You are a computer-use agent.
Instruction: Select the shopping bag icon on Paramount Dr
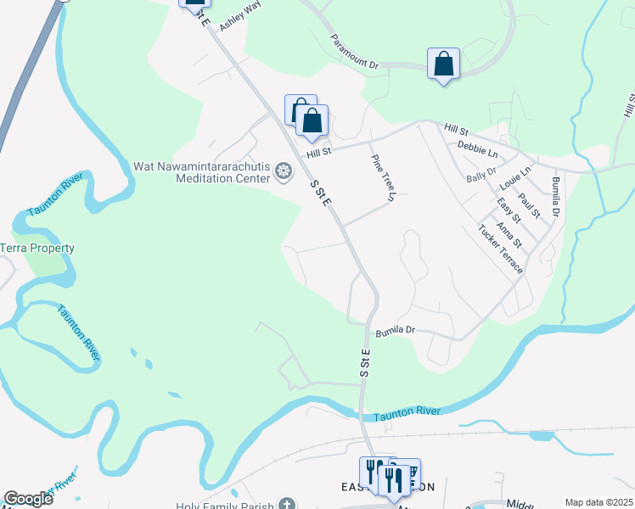click(443, 64)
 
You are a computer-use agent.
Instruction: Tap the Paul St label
click(529, 205)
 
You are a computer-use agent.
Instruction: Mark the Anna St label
click(509, 236)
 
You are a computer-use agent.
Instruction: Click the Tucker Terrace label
click(500, 249)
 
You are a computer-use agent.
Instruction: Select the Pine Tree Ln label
click(383, 177)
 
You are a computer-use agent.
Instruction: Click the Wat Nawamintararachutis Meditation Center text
click(201, 172)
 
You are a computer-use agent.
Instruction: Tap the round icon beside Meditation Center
click(284, 174)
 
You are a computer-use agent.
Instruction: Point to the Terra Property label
click(37, 249)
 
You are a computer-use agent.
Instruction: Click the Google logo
click(28, 499)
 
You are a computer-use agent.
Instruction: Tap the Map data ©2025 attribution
click(598, 502)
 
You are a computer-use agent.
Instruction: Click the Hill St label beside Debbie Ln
click(456, 129)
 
